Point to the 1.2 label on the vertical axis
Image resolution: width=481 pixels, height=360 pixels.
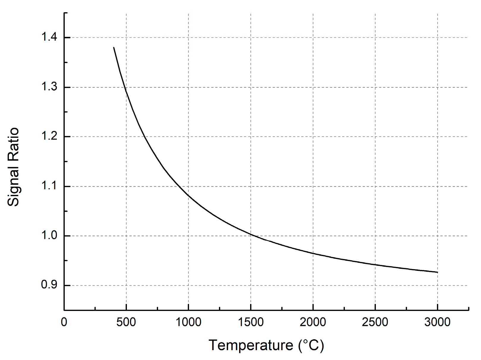click(x=49, y=136)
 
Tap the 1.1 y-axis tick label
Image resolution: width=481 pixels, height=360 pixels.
click(x=49, y=186)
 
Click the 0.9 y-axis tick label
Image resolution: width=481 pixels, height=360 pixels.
click(x=49, y=285)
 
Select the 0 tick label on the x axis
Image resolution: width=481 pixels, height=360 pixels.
click(x=64, y=322)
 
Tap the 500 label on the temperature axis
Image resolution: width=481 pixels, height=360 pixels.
click(x=126, y=322)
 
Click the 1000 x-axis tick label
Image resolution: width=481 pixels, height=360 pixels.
click(x=188, y=322)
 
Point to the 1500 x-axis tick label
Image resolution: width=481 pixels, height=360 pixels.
click(x=251, y=322)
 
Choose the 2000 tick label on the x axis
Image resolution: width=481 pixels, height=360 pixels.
click(x=313, y=322)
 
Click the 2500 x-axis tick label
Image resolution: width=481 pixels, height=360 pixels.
click(x=375, y=322)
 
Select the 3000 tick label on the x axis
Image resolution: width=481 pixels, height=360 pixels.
click(x=437, y=322)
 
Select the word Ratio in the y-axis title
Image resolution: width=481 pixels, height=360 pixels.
click(x=13, y=142)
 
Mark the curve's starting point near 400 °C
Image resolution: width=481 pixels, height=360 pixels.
click(x=114, y=48)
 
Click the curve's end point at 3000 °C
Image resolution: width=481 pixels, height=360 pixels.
click(x=437, y=272)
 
